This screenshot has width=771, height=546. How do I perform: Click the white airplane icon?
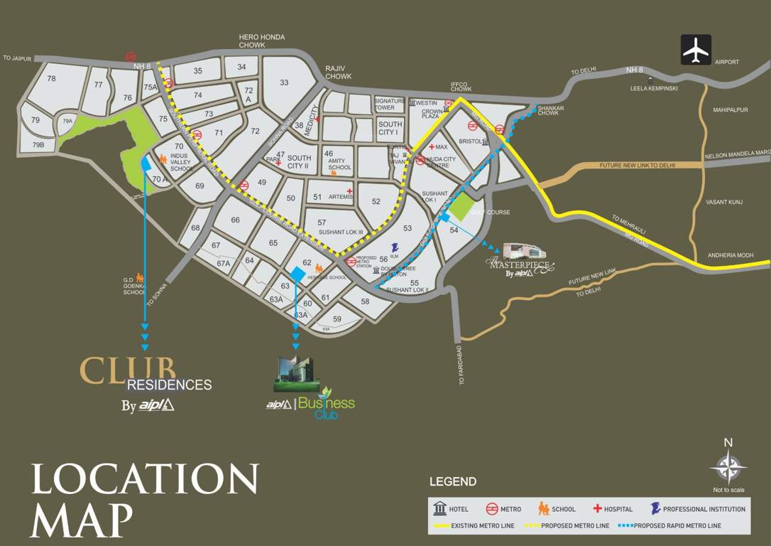[696, 50]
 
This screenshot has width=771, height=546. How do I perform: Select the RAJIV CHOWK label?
[338, 72]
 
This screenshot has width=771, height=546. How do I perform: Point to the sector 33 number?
[284, 82]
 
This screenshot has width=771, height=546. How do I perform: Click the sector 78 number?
[51, 79]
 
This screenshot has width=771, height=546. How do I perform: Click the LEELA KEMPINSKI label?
[654, 88]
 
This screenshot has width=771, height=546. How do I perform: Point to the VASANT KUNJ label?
[724, 203]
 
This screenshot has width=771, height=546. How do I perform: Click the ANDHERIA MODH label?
[729, 255]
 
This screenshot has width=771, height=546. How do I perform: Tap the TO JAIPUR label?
[18, 58]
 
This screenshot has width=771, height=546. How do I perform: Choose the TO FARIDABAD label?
[461, 366]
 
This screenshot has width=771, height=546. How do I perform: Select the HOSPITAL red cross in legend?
[598, 509]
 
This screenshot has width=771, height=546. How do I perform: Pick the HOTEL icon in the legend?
[439, 508]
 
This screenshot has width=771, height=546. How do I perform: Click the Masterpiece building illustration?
[524, 252]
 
